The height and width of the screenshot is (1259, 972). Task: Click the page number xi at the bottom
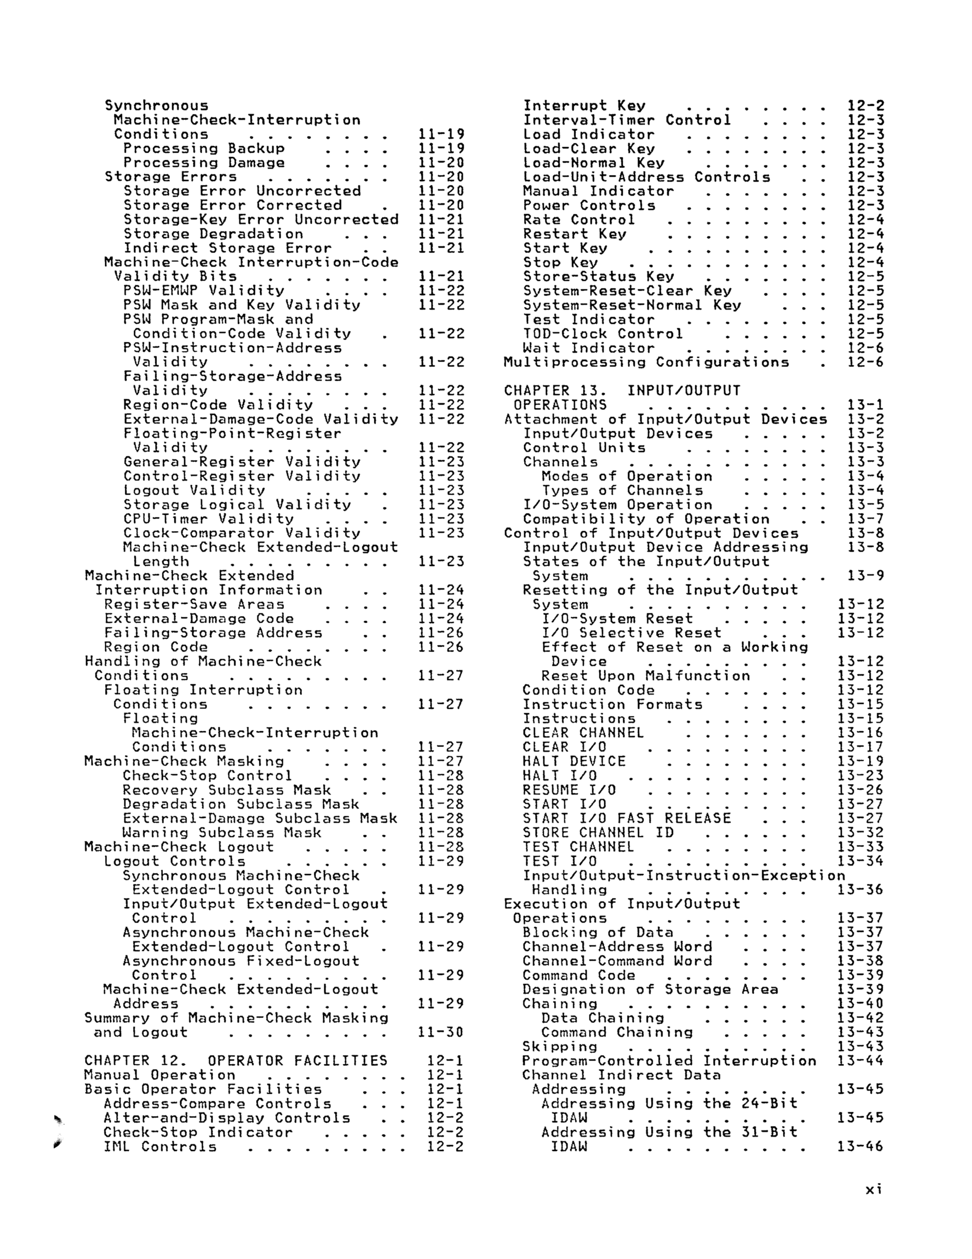(873, 1189)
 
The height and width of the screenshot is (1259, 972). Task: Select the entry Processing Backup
(204, 148)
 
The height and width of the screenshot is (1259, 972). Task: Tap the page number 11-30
(441, 1032)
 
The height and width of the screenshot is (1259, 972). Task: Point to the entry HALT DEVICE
(574, 761)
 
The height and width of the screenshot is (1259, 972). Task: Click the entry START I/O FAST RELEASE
(627, 818)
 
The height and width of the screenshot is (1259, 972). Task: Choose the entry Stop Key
(561, 262)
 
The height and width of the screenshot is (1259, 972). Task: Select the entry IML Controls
(160, 1146)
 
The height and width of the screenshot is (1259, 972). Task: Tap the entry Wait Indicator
(588, 348)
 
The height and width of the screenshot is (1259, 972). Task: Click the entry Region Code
(156, 647)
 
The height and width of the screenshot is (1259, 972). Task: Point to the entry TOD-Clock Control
(603, 334)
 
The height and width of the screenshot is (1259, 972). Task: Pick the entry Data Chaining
(603, 1018)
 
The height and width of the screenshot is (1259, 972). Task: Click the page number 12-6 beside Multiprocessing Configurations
(865, 362)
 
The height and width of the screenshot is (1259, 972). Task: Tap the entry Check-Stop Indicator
(198, 1132)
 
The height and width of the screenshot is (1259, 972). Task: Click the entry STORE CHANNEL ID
(598, 833)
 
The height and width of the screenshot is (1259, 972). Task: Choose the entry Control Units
(584, 448)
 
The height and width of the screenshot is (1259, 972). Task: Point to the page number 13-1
(865, 405)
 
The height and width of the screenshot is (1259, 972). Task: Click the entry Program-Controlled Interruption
(669, 1061)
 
